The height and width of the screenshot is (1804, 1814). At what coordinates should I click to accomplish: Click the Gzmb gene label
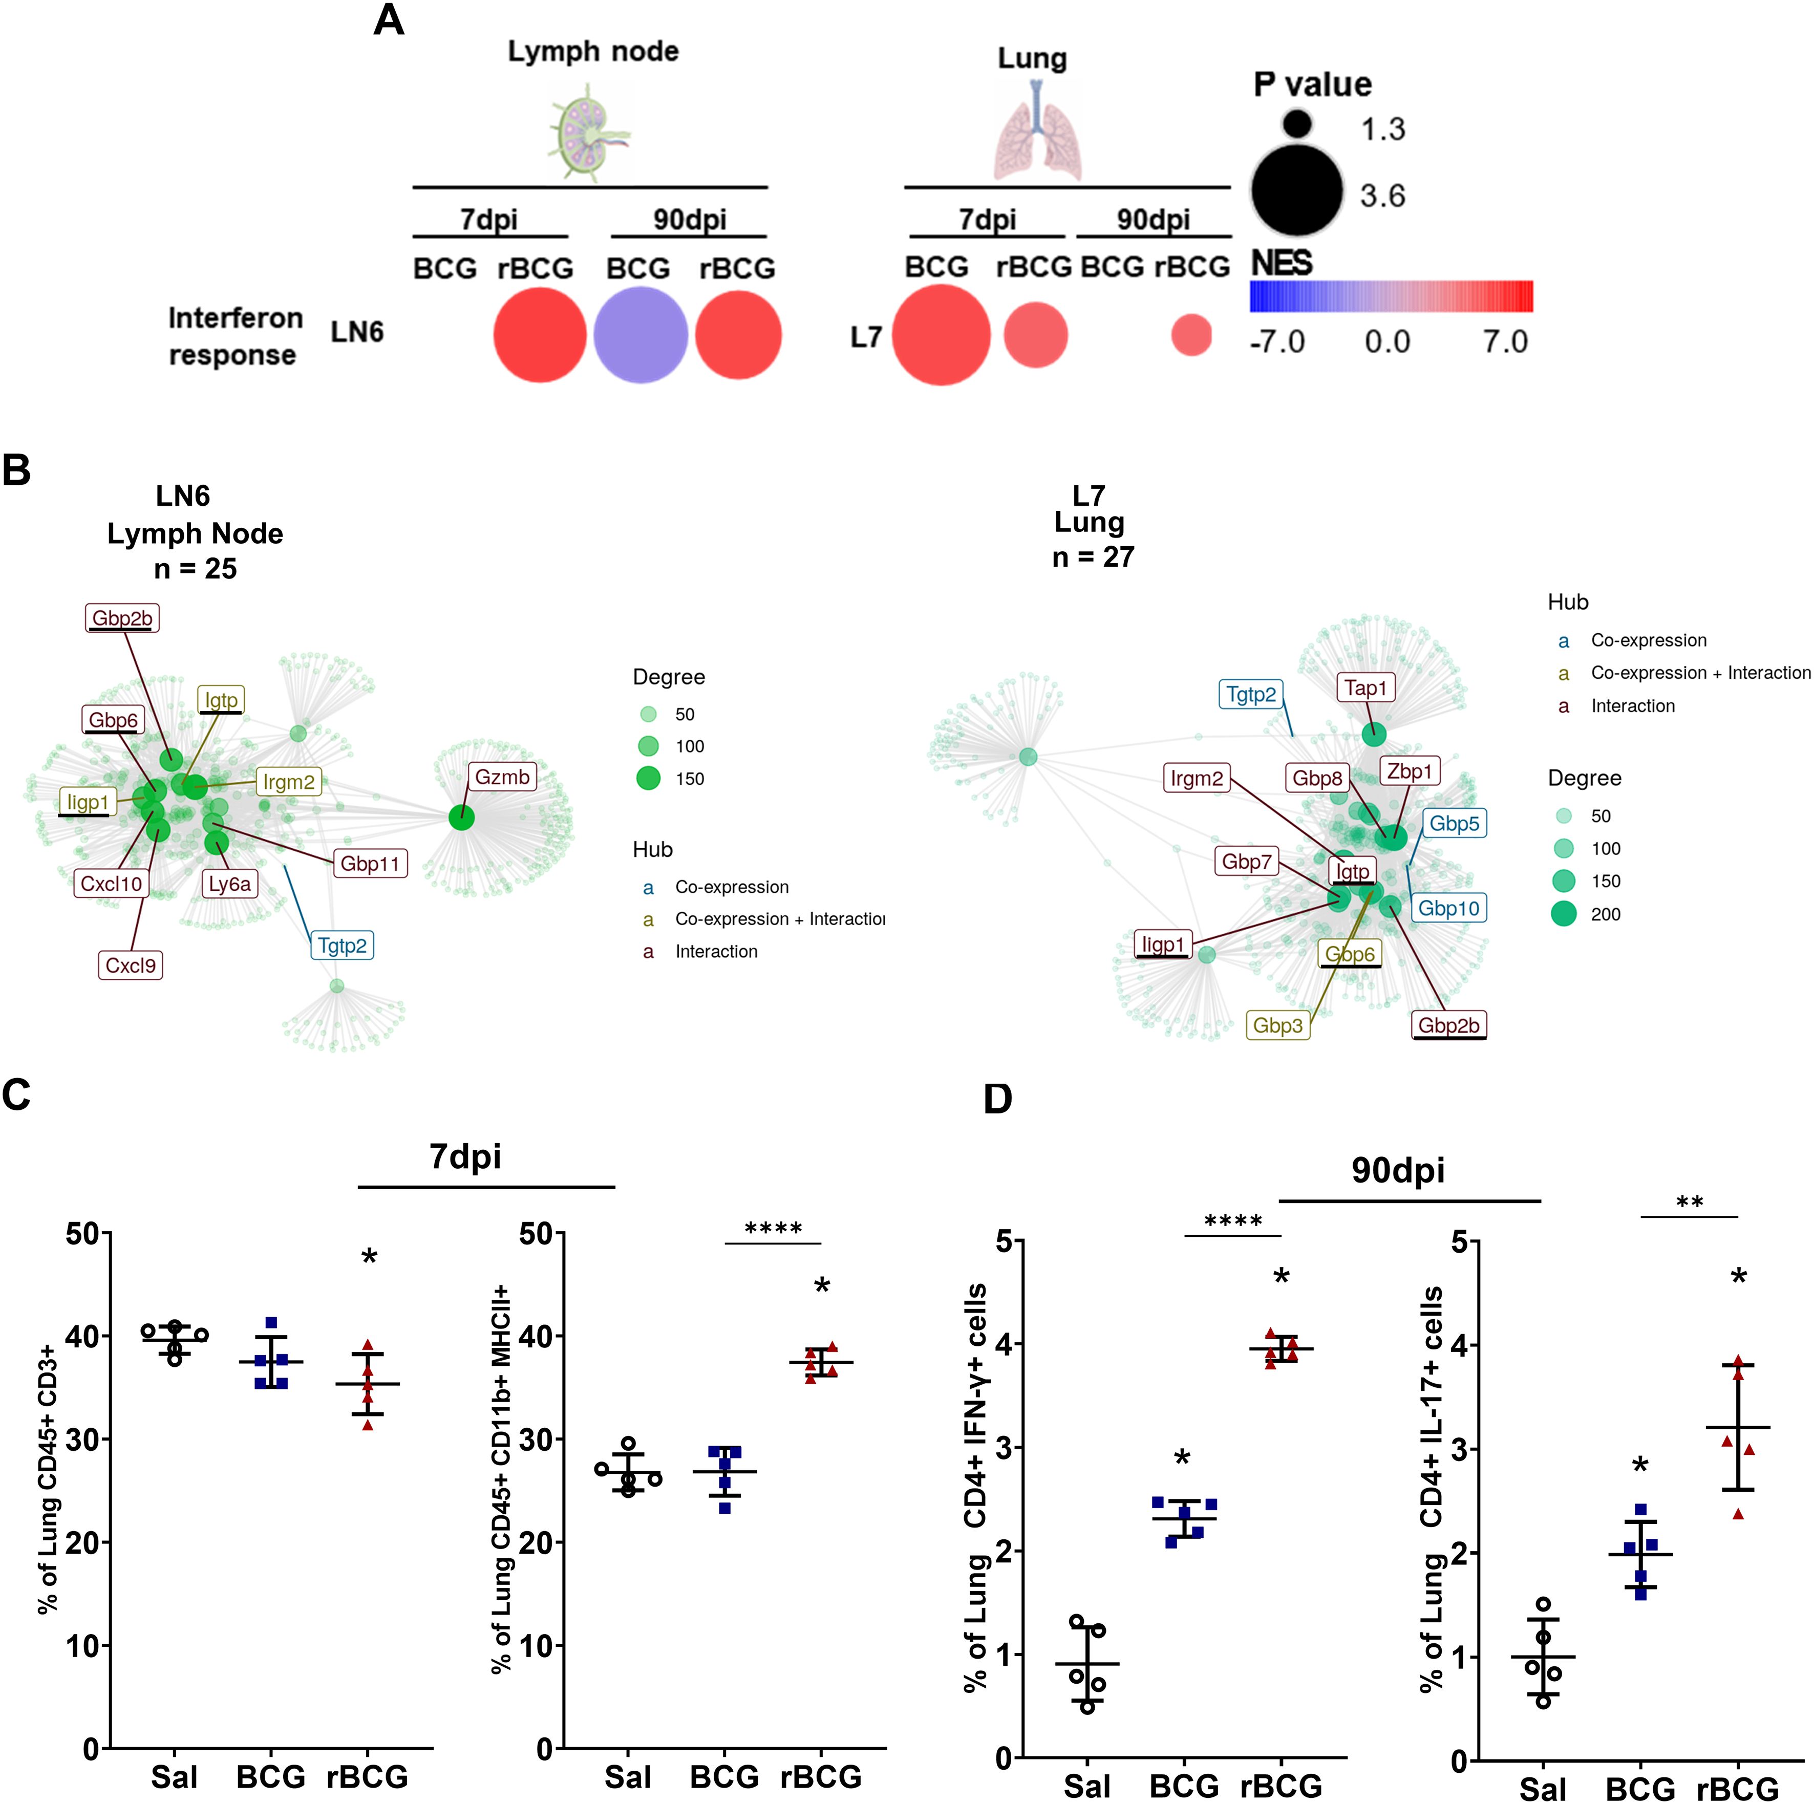(x=502, y=777)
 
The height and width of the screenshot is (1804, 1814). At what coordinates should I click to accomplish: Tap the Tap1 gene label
(x=1365, y=688)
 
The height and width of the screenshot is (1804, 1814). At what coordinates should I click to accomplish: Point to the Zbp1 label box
(x=1410, y=771)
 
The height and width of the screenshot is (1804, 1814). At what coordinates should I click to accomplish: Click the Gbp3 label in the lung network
(x=1278, y=1025)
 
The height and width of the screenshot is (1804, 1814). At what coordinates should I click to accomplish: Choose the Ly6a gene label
(x=230, y=884)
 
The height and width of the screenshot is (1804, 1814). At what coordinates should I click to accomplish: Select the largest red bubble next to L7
(x=941, y=335)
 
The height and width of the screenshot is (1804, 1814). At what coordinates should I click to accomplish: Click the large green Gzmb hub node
(x=461, y=818)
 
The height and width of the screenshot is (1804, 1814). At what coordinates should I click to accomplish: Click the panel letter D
(x=997, y=1098)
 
